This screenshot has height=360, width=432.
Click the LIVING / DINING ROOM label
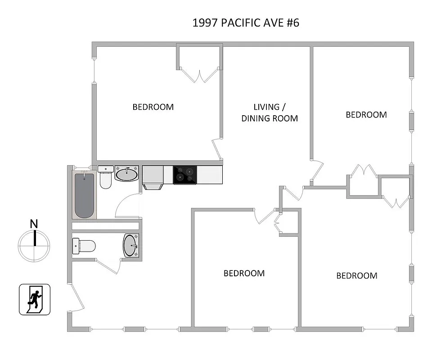pyautogui.click(x=270, y=112)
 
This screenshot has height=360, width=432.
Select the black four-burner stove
pyautogui.click(x=185, y=175)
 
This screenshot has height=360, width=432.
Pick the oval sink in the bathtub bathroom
pyautogui.click(x=128, y=174)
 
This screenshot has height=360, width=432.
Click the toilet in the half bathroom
pyautogui.click(x=84, y=246)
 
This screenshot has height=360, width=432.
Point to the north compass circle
pyautogui.click(x=34, y=246)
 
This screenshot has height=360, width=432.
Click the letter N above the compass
pyautogui.click(x=34, y=224)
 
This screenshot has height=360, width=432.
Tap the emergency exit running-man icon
pyautogui.click(x=35, y=299)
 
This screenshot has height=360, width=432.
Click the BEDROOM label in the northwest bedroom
pyautogui.click(x=153, y=107)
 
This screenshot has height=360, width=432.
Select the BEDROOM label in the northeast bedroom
pyautogui.click(x=366, y=115)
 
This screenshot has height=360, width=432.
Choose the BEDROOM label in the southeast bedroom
pyautogui.click(x=357, y=276)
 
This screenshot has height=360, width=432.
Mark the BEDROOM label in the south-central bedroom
pyautogui.click(x=244, y=273)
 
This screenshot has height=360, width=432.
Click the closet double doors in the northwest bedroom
pyautogui.click(x=199, y=75)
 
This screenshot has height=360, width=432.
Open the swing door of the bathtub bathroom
pyautogui.click(x=127, y=205)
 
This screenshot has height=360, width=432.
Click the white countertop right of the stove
pyautogui.click(x=210, y=175)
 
